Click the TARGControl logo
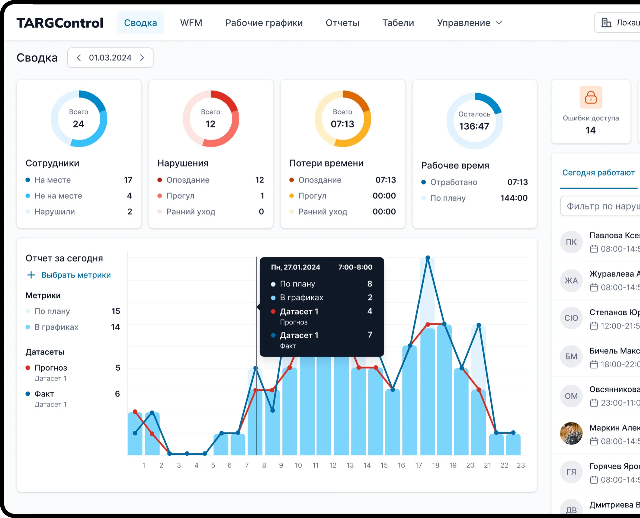click(x=60, y=23)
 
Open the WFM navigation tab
click(x=191, y=23)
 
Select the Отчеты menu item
click(x=342, y=23)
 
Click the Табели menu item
click(x=398, y=23)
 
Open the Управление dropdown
click(x=469, y=23)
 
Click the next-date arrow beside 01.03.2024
click(x=142, y=58)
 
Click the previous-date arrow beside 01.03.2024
click(x=79, y=58)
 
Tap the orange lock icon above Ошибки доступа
click(x=591, y=97)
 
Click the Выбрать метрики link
click(x=76, y=275)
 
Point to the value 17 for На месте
click(x=128, y=180)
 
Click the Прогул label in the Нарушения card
click(x=180, y=196)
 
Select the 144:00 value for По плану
click(x=514, y=198)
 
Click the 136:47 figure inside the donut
click(x=474, y=126)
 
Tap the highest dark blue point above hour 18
click(x=428, y=258)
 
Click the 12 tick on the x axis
click(x=333, y=465)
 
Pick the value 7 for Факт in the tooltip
click(x=370, y=334)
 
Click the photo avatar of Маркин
click(x=571, y=433)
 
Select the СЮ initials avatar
click(x=571, y=318)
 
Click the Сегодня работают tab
click(x=598, y=173)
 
